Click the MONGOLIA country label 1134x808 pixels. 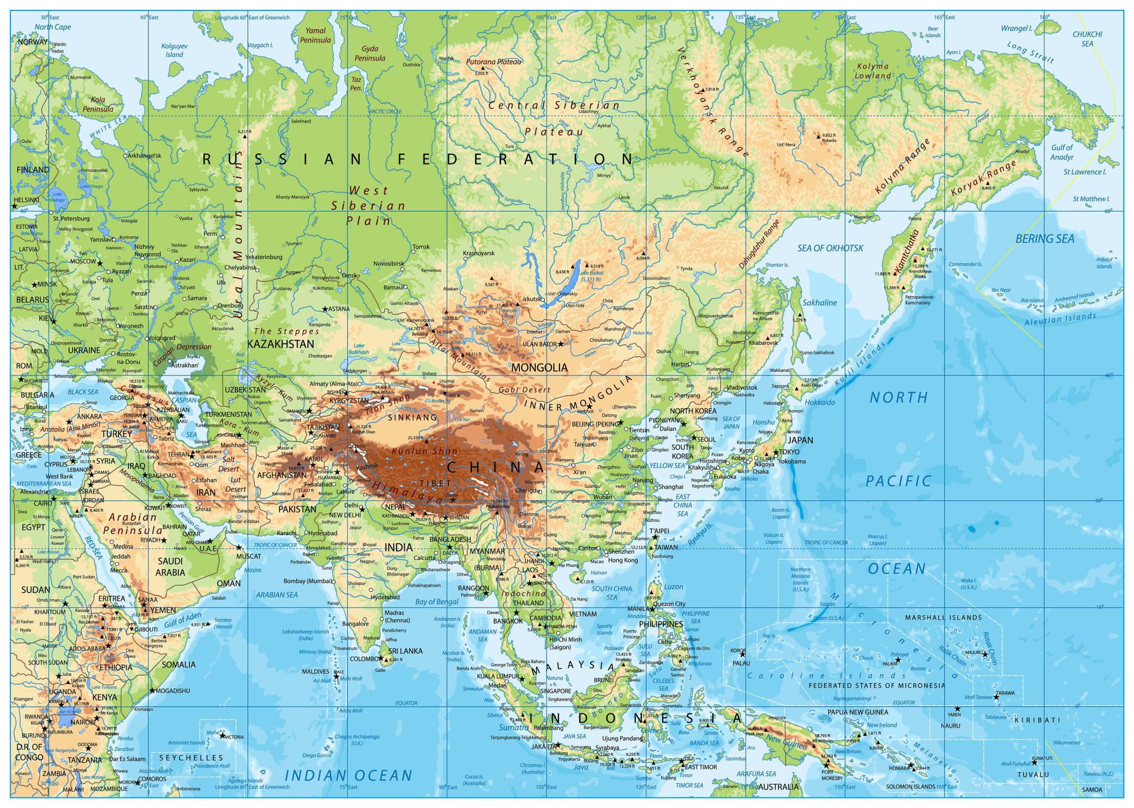coord(539,368)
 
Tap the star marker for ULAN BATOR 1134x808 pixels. coord(560,344)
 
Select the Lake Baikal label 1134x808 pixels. coord(591,276)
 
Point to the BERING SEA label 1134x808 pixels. coord(1044,239)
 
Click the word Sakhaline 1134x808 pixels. coord(819,303)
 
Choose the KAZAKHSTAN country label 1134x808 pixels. coord(280,344)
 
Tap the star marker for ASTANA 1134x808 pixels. coord(325,309)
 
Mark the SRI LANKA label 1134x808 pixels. coord(405,651)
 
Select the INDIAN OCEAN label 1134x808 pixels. coord(348,776)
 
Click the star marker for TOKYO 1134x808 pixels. coord(776,452)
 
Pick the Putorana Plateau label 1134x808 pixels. coord(493,62)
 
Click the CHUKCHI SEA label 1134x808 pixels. coord(1087,39)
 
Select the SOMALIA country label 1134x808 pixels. coord(178,665)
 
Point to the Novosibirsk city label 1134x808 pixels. coord(389,264)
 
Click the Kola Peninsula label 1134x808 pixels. coord(98,105)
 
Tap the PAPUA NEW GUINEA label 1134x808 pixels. coord(858,712)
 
